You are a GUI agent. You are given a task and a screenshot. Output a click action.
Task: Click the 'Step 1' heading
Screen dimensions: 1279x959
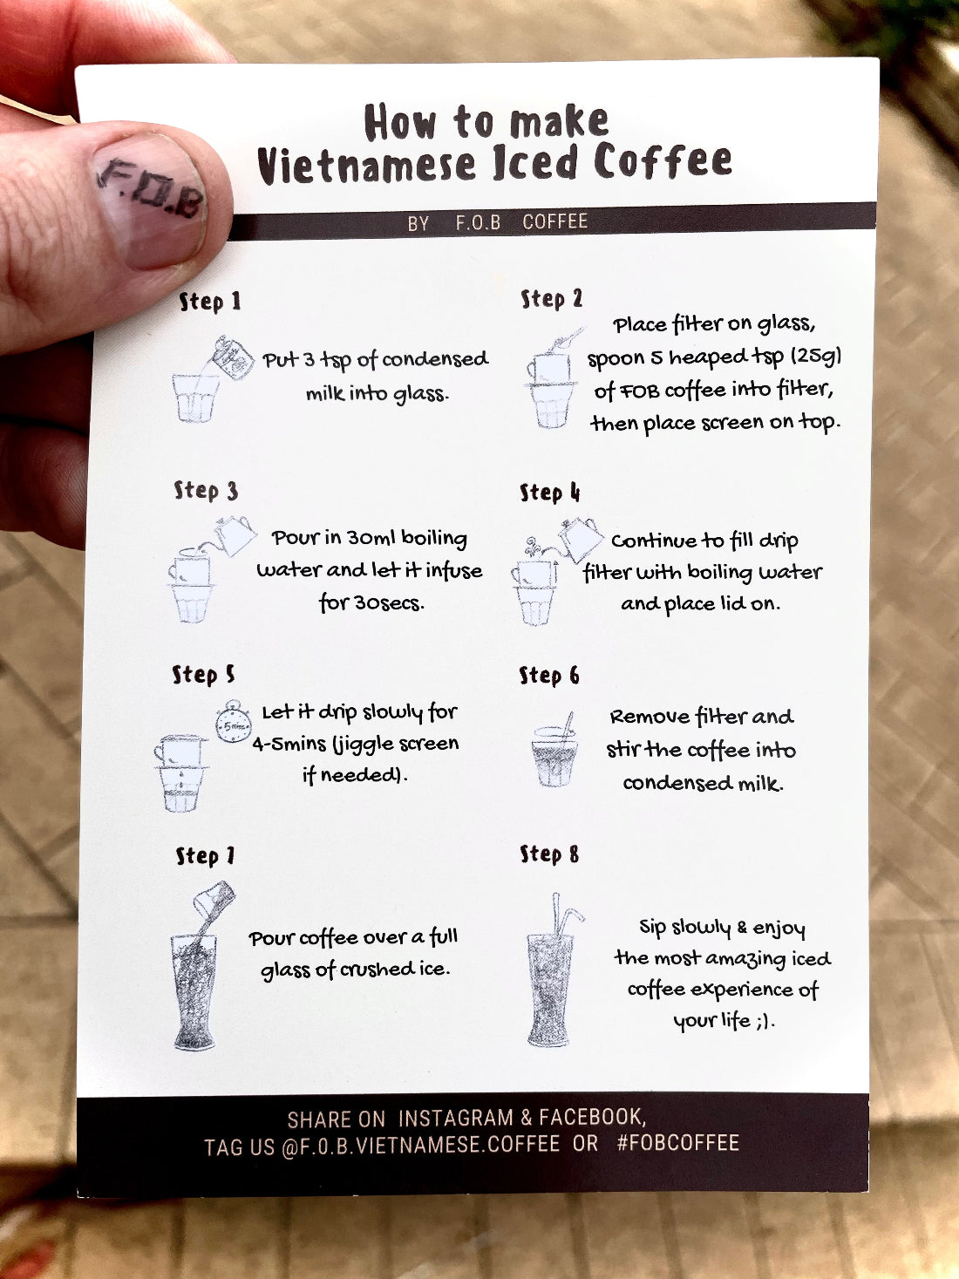pos(209,302)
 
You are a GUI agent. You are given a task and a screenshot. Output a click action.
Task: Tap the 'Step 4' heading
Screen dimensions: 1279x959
pos(549,493)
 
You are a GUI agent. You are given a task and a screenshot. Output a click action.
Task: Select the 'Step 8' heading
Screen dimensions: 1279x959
pos(549,854)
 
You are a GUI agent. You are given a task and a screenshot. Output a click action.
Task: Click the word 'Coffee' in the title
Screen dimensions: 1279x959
pos(663,161)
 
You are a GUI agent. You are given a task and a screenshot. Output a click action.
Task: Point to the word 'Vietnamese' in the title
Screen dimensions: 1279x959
pos(368,165)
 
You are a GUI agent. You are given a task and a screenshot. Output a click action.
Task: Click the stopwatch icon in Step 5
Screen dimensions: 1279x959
pos(234,723)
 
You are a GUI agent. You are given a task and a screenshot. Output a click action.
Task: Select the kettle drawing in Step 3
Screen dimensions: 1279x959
pos(235,534)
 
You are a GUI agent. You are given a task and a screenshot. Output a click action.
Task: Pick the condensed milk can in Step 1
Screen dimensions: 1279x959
pos(233,357)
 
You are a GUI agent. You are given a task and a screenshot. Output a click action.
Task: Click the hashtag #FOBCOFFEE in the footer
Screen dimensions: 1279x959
pos(677,1143)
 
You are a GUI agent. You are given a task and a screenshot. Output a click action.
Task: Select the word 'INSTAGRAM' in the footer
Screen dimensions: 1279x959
pos(455,1118)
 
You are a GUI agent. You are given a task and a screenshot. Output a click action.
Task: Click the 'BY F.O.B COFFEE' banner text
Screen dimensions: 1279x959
pos(497,222)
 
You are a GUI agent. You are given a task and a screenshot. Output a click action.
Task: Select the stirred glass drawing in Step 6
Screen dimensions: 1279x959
pos(554,754)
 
